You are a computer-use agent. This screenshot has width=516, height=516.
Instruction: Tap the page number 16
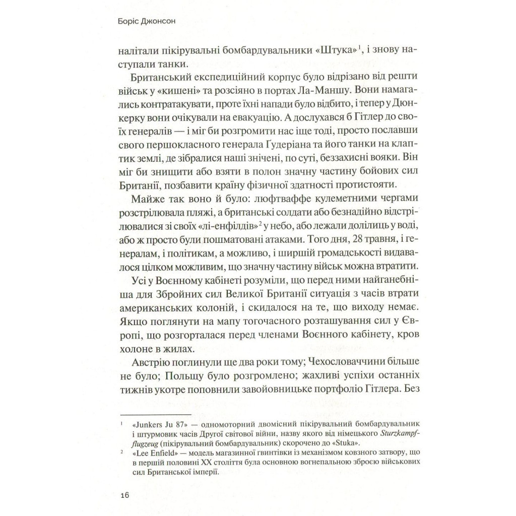(125, 494)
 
